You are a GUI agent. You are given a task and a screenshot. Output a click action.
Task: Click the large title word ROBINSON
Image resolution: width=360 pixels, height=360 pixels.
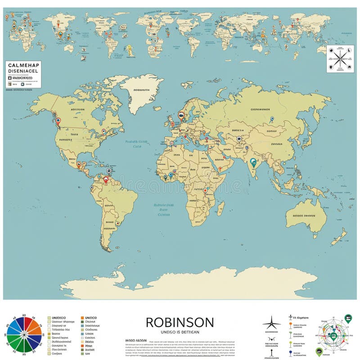[180, 322]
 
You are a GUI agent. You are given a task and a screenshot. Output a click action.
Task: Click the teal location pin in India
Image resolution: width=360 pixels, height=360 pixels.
[254, 162]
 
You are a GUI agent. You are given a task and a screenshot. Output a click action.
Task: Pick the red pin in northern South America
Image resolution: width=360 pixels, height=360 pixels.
[106, 180]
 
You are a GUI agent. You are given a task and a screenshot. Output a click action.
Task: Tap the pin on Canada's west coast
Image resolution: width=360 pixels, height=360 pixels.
[58, 121]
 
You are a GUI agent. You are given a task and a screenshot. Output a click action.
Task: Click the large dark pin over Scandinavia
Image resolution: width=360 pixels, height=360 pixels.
[181, 115]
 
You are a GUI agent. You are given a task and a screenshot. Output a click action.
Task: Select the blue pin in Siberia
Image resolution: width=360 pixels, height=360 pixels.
[272, 119]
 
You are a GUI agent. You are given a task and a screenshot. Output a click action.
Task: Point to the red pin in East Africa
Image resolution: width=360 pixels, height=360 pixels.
[205, 190]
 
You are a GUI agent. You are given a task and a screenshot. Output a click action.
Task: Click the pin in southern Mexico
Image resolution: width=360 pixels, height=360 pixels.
[79, 164]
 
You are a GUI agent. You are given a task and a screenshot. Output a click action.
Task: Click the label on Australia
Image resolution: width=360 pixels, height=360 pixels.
[304, 216]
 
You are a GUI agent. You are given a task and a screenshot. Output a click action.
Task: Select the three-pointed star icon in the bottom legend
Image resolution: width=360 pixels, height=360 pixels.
[271, 323]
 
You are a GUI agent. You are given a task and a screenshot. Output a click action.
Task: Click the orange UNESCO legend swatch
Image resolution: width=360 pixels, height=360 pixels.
[83, 318]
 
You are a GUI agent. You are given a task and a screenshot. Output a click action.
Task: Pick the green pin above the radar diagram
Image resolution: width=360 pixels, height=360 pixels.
[348, 318]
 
